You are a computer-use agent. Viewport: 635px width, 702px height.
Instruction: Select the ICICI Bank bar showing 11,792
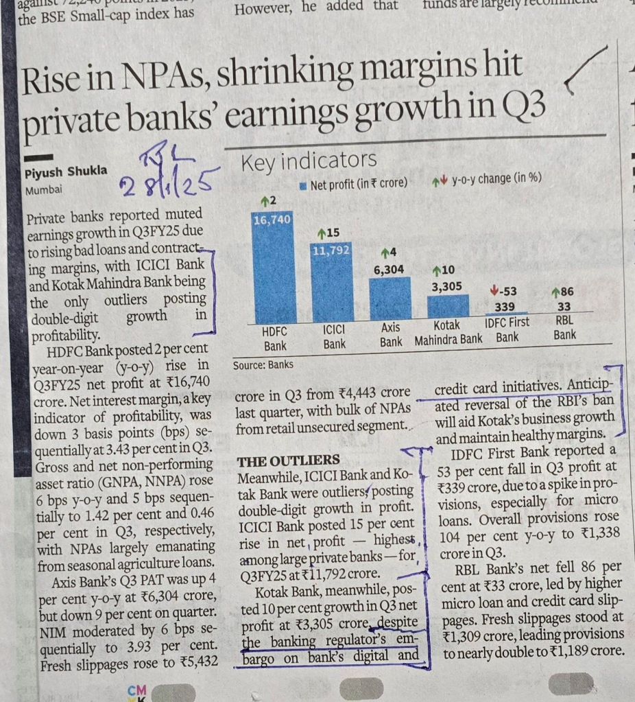pyautogui.click(x=332, y=281)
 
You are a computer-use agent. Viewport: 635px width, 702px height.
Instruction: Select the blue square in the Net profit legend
pyautogui.click(x=303, y=183)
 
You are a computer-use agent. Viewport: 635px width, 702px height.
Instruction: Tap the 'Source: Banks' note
pyautogui.click(x=263, y=365)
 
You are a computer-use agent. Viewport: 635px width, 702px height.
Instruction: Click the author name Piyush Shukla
pyautogui.click(x=66, y=172)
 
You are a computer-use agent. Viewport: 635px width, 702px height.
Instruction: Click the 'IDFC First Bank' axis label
pyautogui.click(x=507, y=331)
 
